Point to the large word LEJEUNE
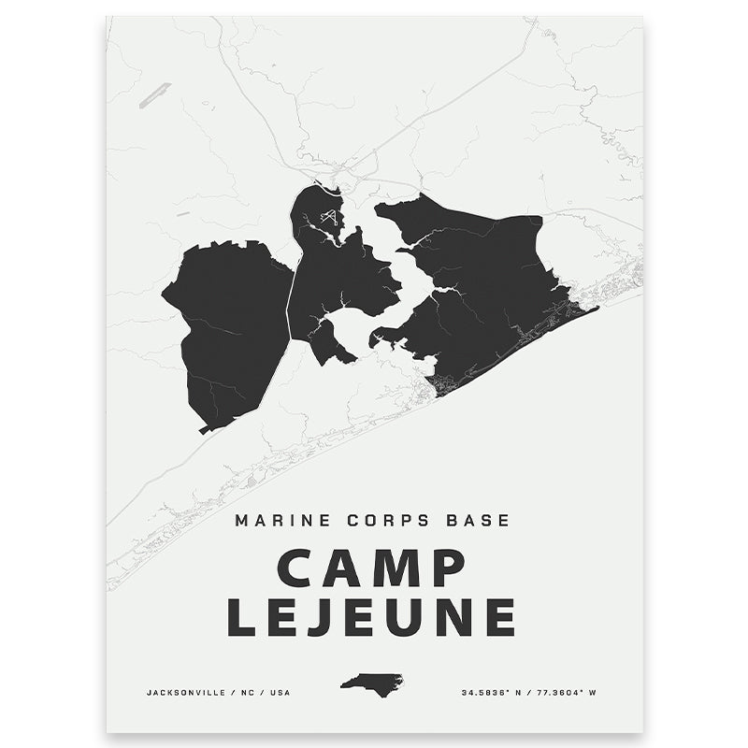pos(372,617)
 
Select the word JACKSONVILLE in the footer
pos(183,693)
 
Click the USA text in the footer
pos(281,693)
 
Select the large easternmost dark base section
pos(486,290)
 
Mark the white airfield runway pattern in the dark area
pos(328,218)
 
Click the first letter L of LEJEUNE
pos(245,617)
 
